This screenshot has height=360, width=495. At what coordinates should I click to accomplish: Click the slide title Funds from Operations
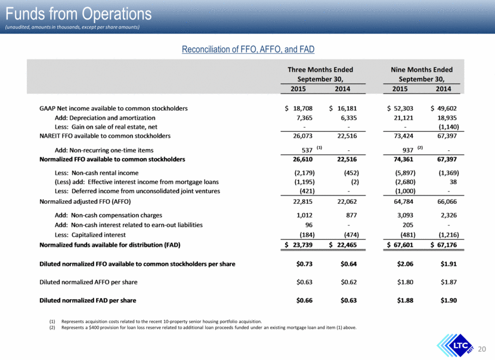click(79, 14)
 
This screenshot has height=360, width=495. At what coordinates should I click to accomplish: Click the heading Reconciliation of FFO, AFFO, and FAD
click(248, 49)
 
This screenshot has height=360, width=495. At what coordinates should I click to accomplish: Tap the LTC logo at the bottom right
click(456, 346)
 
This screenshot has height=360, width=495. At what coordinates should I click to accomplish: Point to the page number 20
click(482, 349)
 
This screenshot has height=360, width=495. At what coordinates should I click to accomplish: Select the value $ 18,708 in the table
click(299, 108)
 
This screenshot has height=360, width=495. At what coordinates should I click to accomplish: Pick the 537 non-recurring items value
click(307, 150)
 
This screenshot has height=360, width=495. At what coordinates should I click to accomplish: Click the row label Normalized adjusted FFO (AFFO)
click(85, 201)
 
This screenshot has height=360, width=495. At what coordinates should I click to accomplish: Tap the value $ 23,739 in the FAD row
click(299, 245)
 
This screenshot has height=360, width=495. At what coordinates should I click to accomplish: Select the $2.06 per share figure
click(405, 264)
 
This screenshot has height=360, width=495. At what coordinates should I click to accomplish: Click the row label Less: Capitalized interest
click(90, 235)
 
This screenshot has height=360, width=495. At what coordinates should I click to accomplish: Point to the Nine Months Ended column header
click(422, 74)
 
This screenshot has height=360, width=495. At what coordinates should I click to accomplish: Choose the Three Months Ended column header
click(320, 74)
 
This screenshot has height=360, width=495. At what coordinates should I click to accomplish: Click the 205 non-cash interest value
click(408, 225)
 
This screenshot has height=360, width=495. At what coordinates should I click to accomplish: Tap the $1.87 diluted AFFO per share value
click(448, 282)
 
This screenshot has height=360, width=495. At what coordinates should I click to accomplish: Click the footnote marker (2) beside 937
click(420, 147)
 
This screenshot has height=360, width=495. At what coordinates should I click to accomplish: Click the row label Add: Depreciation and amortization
click(105, 118)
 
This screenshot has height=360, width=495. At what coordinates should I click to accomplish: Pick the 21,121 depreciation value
click(403, 118)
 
